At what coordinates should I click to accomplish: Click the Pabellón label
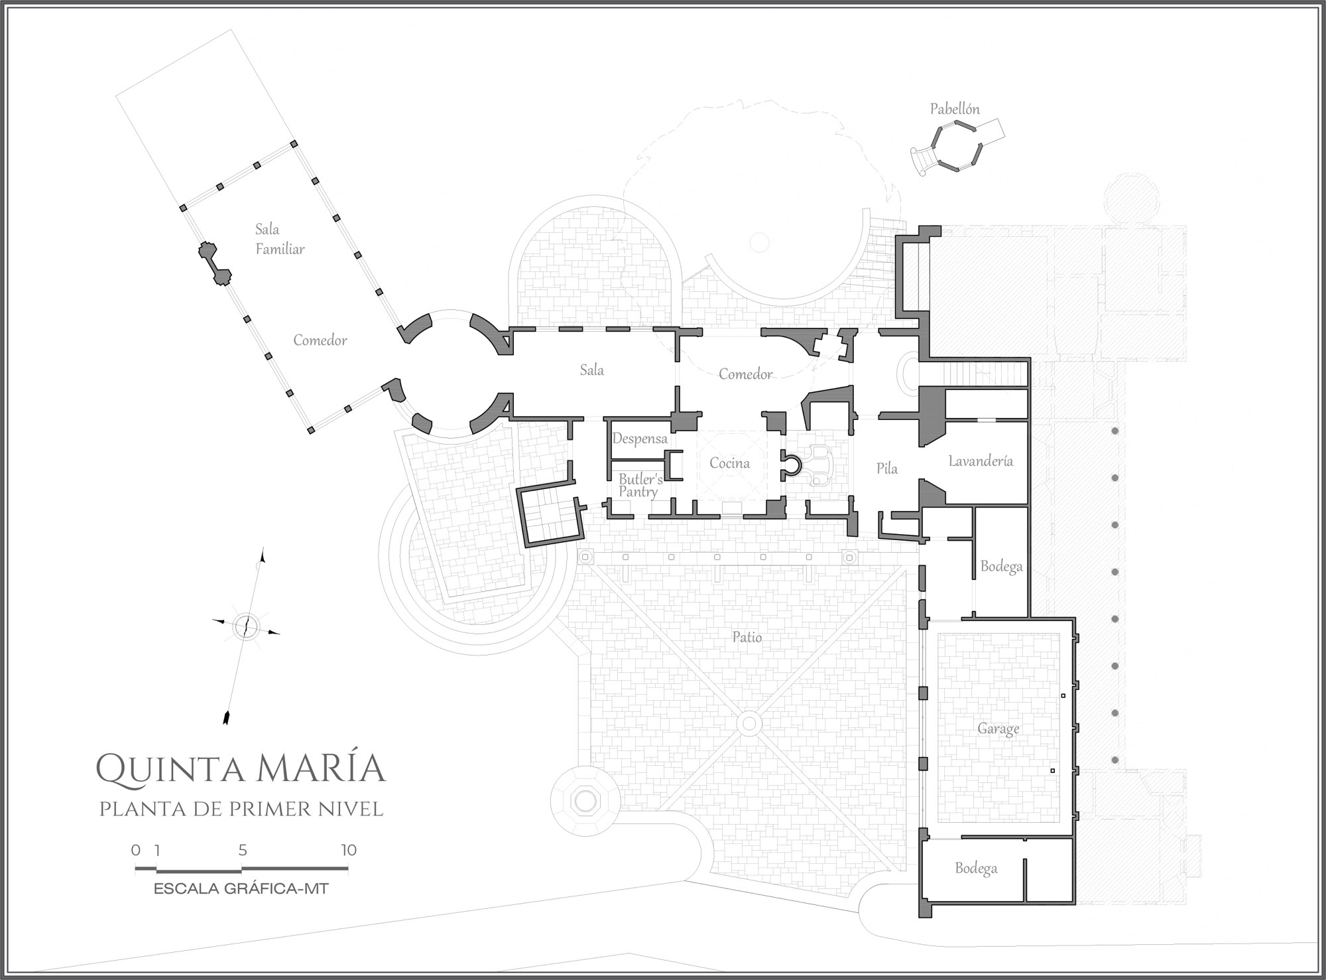(955, 109)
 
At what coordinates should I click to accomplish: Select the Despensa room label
(640, 439)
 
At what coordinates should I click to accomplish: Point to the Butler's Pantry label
(640, 486)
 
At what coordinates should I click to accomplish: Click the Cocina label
(729, 463)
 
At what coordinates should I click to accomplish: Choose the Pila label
(887, 468)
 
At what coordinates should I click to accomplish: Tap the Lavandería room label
(981, 461)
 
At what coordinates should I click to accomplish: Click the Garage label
(998, 729)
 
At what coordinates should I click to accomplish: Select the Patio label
(747, 637)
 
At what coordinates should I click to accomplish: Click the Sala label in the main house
(592, 370)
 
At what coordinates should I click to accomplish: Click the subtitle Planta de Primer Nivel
(241, 809)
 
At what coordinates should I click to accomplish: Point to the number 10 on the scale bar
(349, 850)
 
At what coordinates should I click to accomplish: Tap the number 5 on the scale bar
(243, 850)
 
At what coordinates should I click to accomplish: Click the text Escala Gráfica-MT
(241, 888)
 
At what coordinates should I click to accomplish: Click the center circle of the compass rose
(245, 626)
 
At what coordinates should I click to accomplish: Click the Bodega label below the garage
(976, 869)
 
